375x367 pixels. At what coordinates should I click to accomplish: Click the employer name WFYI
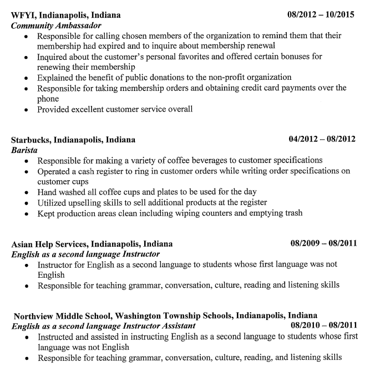(22, 15)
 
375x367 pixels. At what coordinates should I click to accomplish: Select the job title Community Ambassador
(56, 26)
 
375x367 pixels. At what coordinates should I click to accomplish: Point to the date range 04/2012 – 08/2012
(322, 139)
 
